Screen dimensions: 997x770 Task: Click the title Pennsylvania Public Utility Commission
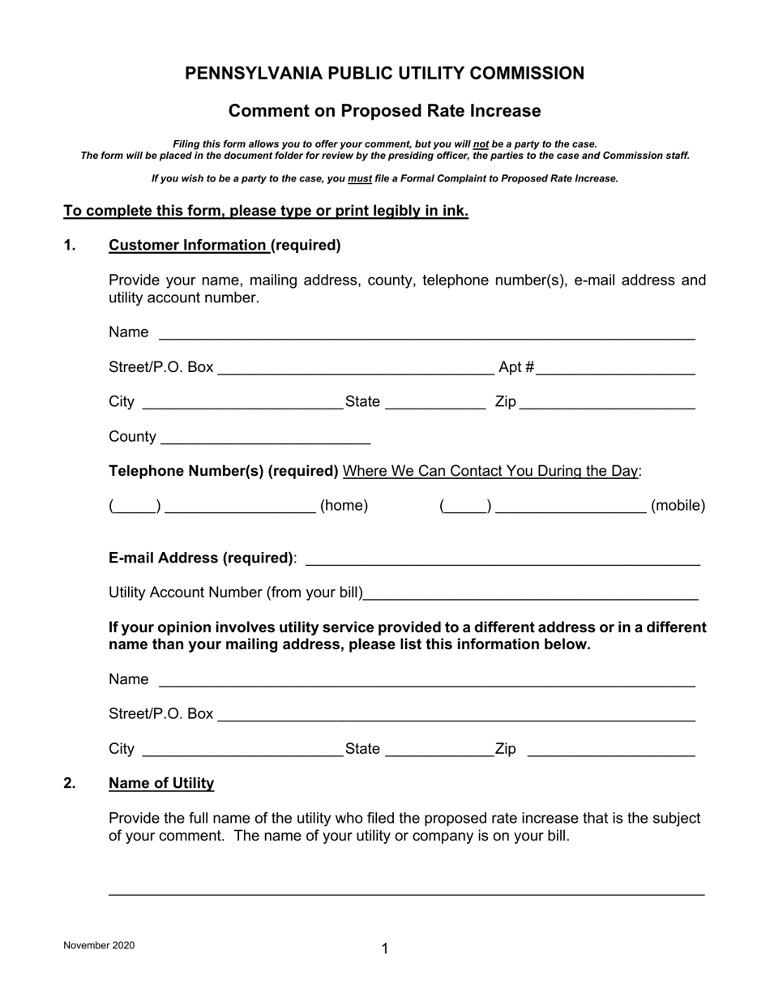click(384, 74)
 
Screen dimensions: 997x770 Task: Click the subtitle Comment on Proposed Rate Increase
click(384, 110)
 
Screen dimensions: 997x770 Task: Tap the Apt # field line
click(615, 370)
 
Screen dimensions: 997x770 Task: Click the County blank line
click(266, 440)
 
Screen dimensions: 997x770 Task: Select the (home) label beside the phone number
click(344, 506)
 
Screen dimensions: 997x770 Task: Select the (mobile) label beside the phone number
click(678, 506)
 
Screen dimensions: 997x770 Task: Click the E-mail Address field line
click(503, 560)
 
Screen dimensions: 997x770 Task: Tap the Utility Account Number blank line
click(531, 596)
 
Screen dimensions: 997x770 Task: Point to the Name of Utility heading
click(161, 783)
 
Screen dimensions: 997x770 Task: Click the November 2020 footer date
click(99, 945)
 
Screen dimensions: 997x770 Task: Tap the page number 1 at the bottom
click(385, 948)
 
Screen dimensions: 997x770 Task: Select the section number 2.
click(70, 783)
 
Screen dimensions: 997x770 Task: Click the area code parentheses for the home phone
click(135, 507)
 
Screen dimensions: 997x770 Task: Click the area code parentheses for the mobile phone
click(465, 507)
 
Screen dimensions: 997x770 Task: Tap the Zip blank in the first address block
click(606, 405)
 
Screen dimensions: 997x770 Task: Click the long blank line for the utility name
click(406, 891)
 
